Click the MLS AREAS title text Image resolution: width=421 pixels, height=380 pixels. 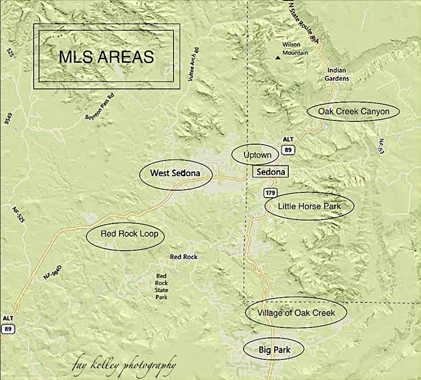point(106,57)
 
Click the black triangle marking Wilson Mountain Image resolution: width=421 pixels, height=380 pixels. point(278,57)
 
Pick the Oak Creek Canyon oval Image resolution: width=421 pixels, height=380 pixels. point(353,111)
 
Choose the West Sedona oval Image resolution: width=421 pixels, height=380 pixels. point(176,174)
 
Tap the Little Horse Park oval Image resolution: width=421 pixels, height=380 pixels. point(309,206)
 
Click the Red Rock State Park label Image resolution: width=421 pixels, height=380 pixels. point(161,286)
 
